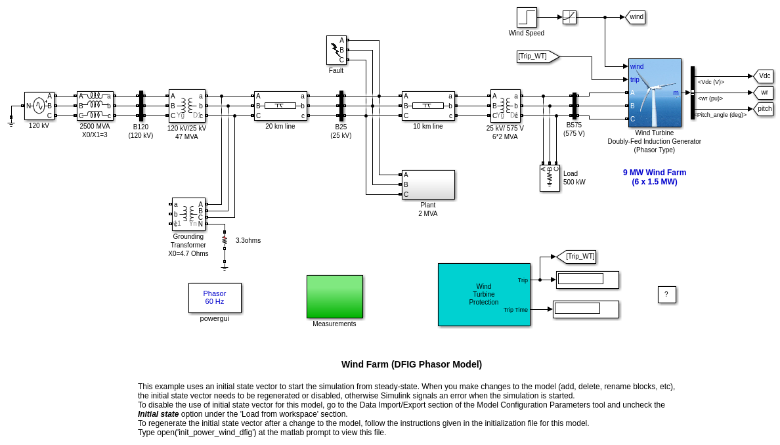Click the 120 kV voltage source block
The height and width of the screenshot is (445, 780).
coord(39,106)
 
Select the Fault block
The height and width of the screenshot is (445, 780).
coord(336,50)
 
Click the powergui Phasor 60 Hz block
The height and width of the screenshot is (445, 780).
coord(215,298)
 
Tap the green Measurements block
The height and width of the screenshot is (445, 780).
coord(334,297)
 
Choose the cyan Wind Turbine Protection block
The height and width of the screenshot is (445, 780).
coord(484,295)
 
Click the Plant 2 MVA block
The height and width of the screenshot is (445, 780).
coord(428,184)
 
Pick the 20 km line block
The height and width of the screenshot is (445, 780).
coord(280,106)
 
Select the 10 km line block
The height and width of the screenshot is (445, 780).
coord(428,106)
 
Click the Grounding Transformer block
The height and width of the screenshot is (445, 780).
coord(188,214)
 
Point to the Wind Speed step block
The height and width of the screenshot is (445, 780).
coord(527,17)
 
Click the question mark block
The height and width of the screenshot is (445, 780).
coord(666,295)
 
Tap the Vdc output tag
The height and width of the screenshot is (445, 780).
coord(764,76)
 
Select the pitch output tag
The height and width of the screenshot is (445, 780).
coord(764,109)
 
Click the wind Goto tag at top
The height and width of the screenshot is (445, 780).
coord(636,17)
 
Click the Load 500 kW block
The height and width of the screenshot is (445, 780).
coord(550,178)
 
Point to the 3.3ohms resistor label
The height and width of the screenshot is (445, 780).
coord(248,241)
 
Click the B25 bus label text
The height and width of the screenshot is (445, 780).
coord(341,127)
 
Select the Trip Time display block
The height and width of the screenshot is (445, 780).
coord(586,309)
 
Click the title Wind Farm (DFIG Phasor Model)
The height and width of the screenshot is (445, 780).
coord(411,364)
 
